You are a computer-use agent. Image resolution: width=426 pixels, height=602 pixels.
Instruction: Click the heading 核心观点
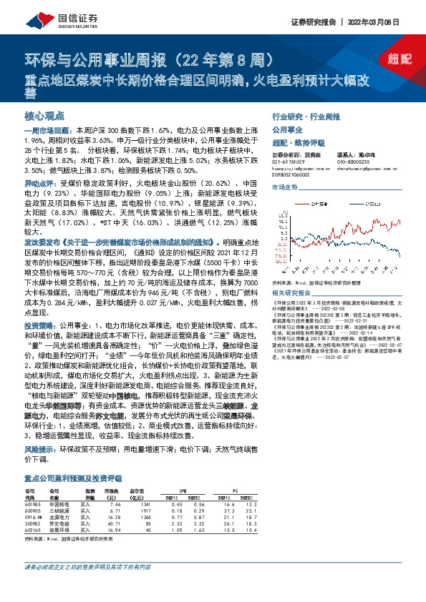point(45,114)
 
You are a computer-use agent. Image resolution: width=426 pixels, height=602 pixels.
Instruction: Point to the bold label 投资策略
point(39,325)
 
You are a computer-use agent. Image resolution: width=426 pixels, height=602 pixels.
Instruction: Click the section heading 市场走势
point(285,187)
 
